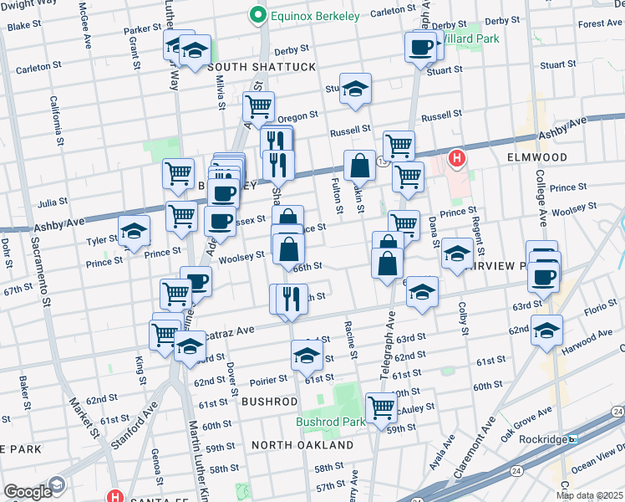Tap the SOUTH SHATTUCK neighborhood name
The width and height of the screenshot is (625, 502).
point(262,67)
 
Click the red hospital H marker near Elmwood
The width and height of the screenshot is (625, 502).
point(456,157)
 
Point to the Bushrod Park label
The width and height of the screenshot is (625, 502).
point(330,422)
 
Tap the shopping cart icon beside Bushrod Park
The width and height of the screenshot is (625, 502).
point(382,408)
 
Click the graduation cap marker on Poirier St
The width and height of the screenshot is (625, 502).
point(307,356)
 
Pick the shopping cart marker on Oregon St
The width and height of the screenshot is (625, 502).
point(259,106)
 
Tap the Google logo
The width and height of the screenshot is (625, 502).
point(27,492)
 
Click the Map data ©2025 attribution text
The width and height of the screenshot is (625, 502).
point(590,495)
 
